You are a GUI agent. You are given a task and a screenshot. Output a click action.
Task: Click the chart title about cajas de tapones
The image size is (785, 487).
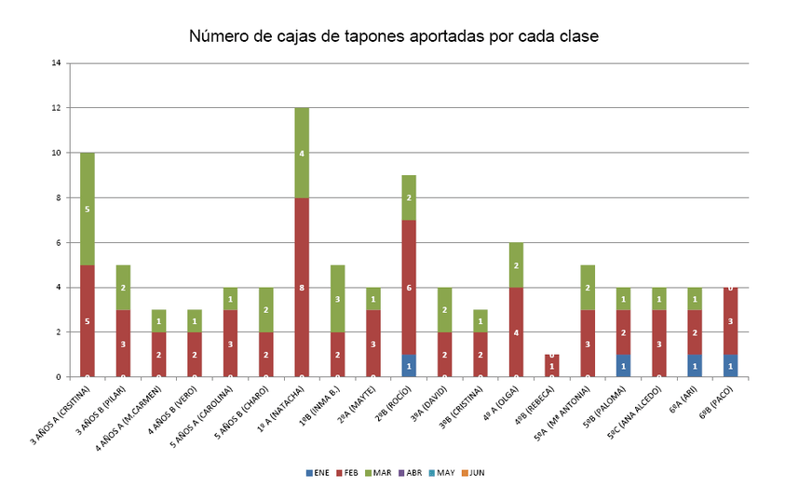pos(393,36)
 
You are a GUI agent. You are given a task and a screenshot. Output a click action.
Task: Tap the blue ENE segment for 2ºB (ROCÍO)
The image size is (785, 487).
pos(409,366)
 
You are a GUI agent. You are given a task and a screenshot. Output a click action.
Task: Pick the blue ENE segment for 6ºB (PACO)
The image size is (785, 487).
pos(730,366)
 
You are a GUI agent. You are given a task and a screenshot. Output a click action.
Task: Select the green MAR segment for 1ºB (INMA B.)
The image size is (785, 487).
pos(337,298)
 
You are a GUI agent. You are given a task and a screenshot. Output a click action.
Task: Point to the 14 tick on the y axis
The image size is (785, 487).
pos(57,63)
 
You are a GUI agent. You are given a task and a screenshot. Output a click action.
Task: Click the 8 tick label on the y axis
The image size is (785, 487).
pos(58,197)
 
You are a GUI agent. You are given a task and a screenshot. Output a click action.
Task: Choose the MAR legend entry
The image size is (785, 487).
pos(378,473)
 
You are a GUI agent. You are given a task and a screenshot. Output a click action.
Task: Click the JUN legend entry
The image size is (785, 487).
pos(472,473)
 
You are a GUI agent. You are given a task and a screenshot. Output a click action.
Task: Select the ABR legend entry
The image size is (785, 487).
pos(410,473)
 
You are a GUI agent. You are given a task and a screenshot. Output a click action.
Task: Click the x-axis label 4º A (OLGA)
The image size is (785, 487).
pos(498,410)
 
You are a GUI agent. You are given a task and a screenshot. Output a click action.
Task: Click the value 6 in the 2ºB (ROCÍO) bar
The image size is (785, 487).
pos(409,288)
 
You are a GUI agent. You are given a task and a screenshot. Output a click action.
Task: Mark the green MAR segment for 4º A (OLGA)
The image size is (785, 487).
pos(516,264)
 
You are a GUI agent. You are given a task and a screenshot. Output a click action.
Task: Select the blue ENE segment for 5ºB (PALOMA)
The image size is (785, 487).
pos(623,366)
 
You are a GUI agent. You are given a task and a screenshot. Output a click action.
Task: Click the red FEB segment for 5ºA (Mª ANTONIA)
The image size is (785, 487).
pos(587,343)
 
